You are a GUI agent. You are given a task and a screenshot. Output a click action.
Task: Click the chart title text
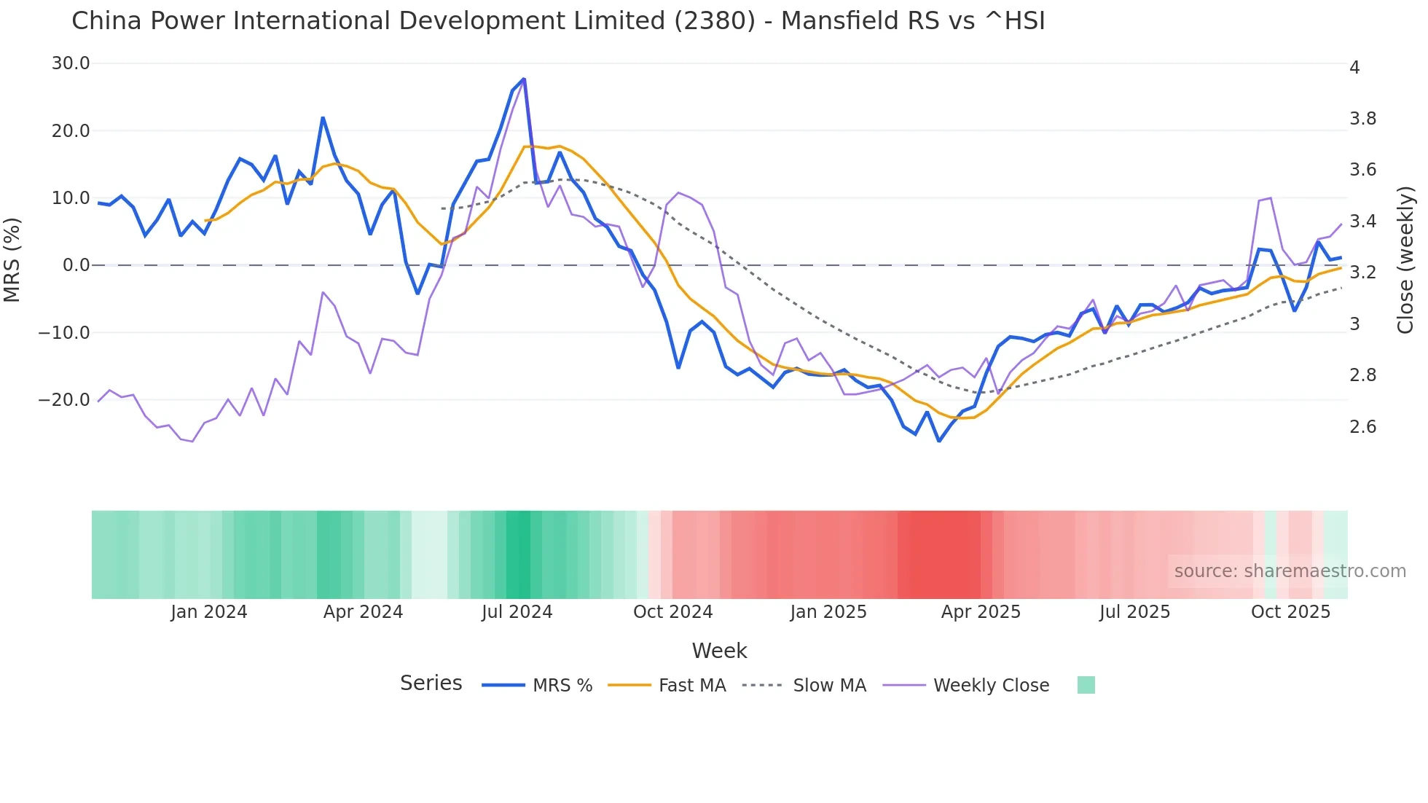point(558,21)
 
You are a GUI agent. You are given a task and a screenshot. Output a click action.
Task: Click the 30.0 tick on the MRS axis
point(71,63)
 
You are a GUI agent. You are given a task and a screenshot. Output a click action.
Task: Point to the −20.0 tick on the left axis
point(64,400)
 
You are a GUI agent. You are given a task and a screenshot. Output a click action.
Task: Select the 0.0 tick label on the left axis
point(76,265)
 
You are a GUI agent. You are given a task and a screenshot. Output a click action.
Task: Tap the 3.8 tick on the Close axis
point(1362,119)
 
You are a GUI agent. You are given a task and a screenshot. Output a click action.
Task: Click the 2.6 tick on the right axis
point(1362,427)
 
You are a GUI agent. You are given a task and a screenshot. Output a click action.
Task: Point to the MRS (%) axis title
point(12,259)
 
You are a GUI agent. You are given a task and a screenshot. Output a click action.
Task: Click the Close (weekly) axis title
point(1405,259)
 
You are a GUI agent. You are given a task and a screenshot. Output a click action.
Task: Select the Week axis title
point(719,651)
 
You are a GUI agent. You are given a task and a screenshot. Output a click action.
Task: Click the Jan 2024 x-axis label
point(209,612)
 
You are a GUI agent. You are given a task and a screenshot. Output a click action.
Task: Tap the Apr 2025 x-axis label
point(981,612)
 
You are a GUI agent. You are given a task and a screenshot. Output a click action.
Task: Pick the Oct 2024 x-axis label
point(672,612)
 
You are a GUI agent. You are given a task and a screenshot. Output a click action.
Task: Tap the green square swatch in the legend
point(1086,685)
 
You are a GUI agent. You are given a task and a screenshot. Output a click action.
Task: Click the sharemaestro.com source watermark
point(1290,571)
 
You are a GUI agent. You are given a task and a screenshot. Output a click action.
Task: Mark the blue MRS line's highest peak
point(524,79)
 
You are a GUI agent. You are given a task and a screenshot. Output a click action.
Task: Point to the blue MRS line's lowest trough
point(939,441)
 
